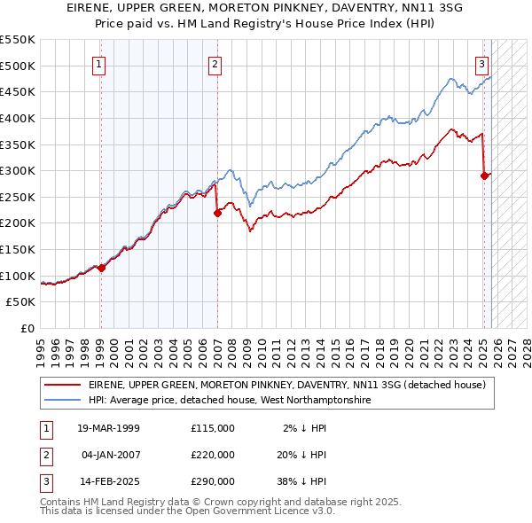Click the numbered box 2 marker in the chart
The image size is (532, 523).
pyautogui.click(x=215, y=64)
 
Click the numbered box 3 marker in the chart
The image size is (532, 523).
pyautogui.click(x=481, y=64)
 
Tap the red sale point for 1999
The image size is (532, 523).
pyautogui.click(x=101, y=268)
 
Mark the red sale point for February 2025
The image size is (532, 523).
pyautogui.click(x=484, y=176)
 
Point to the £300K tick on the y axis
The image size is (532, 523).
pyautogui.click(x=18, y=170)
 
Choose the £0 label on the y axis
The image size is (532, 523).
pyautogui.click(x=28, y=329)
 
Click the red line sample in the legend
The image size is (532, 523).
pyautogui.click(x=62, y=386)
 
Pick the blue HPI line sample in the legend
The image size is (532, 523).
pyautogui.click(x=62, y=401)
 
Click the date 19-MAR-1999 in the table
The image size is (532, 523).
pyautogui.click(x=110, y=428)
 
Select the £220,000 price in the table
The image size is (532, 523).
pyautogui.click(x=212, y=455)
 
